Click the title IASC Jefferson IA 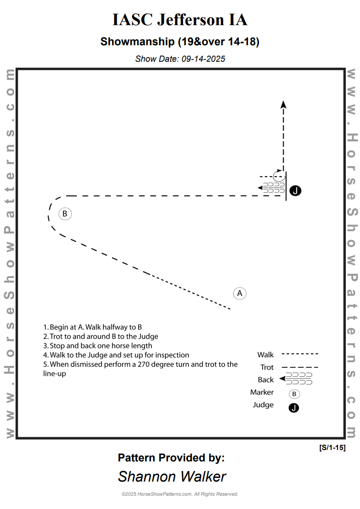pos(180,20)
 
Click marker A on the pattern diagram pos(240,293)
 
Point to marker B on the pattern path pos(65,214)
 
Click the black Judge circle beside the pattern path pos(296,191)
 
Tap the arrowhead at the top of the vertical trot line pos(284,104)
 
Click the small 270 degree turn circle pos(279,175)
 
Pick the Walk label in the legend pos(265,354)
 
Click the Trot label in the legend pos(267,367)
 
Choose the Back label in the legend pos(266,380)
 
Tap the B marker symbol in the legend pos(294,394)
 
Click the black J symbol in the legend pos(294,407)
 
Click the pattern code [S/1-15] pos(332,448)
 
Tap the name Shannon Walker pos(172,477)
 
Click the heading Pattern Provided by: pos(171,458)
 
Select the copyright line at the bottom pos(180,494)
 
